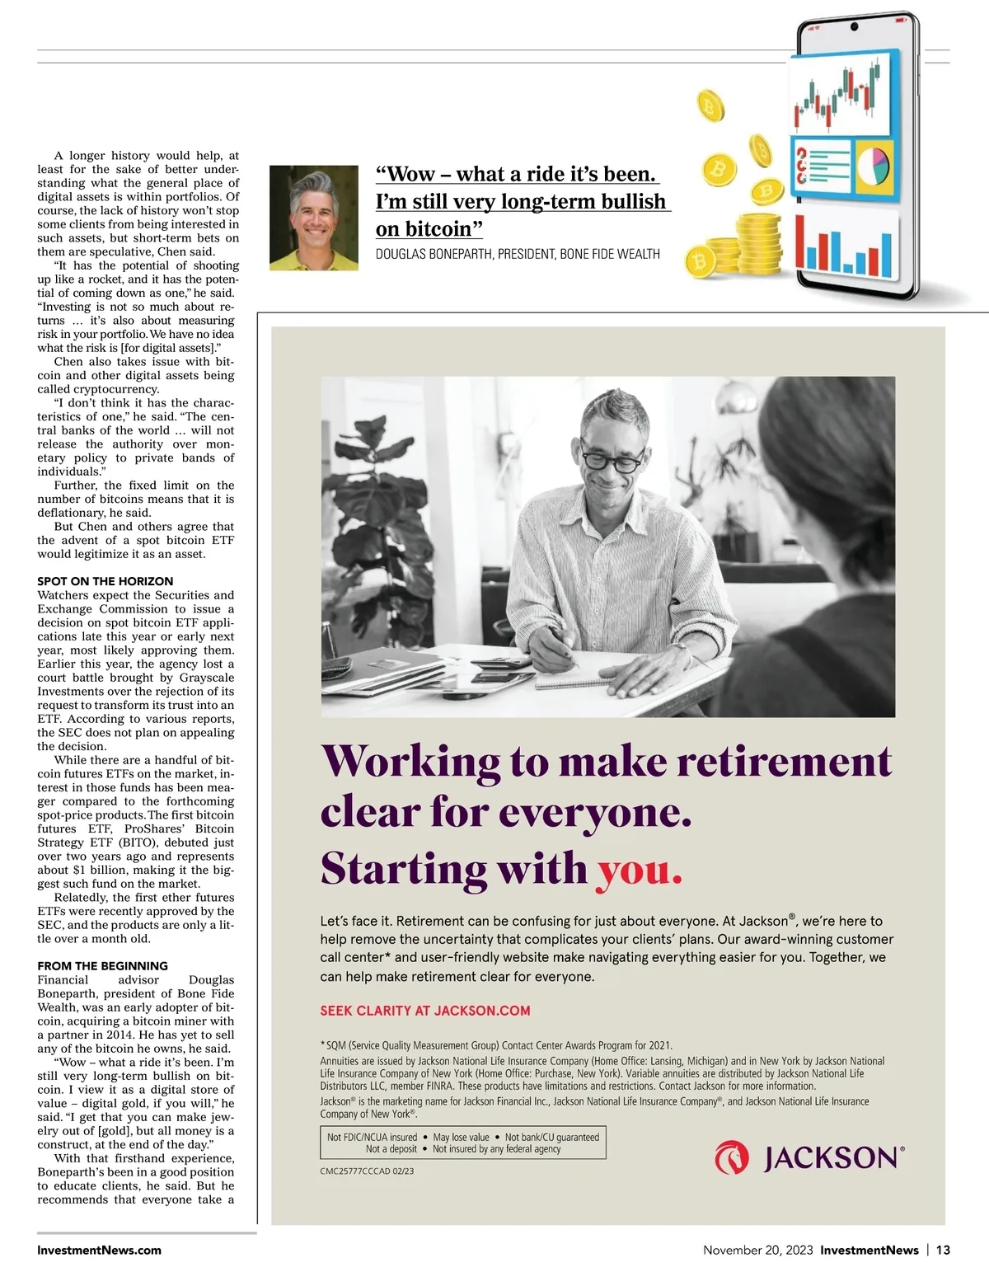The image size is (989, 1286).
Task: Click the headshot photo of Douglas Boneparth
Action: pyautogui.click(x=314, y=218)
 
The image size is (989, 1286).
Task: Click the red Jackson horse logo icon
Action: pyautogui.click(x=732, y=1157)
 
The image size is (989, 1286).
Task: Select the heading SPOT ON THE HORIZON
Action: pyautogui.click(x=105, y=581)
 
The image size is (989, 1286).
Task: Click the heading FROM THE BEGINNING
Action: pyautogui.click(x=102, y=965)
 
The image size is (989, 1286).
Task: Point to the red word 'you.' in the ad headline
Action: pyautogui.click(x=640, y=869)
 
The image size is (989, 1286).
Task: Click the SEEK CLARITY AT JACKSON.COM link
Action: pyautogui.click(x=425, y=1011)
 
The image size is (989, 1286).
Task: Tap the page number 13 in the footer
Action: pyautogui.click(x=943, y=1250)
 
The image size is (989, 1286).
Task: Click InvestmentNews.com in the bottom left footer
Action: pyautogui.click(x=99, y=1250)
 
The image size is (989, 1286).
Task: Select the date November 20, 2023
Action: pyautogui.click(x=758, y=1250)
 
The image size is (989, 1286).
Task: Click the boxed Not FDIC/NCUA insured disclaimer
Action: pyautogui.click(x=462, y=1143)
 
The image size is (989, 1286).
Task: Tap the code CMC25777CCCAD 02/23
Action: pyautogui.click(x=367, y=1171)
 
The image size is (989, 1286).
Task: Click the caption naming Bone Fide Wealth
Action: pyautogui.click(x=518, y=254)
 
